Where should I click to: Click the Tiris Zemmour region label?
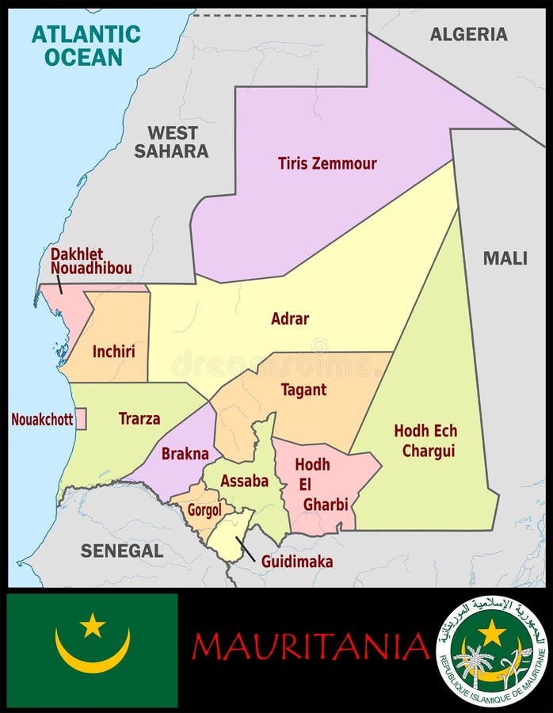(326, 164)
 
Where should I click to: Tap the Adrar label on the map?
(290, 318)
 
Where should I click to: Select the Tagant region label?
(303, 390)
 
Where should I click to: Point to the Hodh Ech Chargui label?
(425, 440)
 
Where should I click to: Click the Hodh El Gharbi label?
(312, 484)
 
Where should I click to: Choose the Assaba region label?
(244, 481)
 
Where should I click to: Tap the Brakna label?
(185, 454)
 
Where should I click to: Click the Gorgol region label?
(204, 510)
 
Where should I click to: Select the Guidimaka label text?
(298, 562)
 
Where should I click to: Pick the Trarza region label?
(139, 418)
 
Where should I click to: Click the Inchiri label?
(113, 351)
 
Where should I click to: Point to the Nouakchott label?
(41, 419)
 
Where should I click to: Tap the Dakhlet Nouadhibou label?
(90, 261)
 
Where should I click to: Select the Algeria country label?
(468, 34)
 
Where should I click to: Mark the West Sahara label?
(171, 142)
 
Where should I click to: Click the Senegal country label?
(121, 550)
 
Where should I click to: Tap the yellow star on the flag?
(93, 625)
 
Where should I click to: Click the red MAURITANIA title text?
(310, 646)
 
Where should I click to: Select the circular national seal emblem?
(492, 650)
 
